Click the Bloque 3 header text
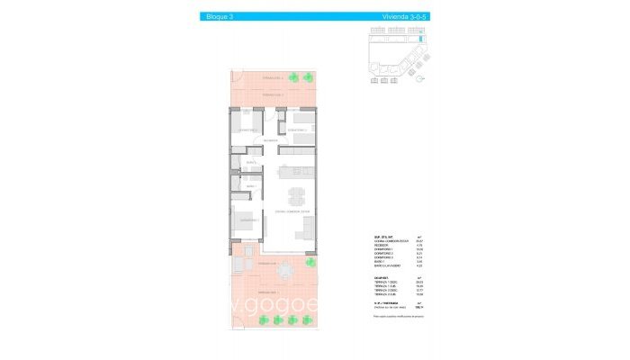point(219,16)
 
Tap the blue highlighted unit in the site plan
point(418,40)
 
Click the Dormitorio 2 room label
point(297,130)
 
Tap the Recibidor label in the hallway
point(269,141)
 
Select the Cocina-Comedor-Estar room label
point(292,211)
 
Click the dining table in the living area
point(296,195)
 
